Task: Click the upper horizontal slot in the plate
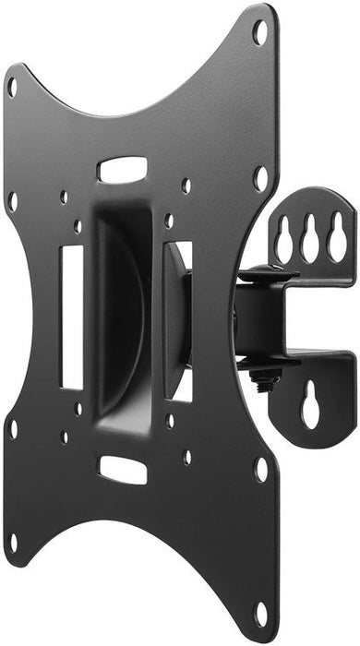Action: click(123, 170)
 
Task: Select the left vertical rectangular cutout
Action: click(72, 317)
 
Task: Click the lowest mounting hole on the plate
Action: click(261, 610)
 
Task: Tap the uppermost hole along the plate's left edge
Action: click(12, 88)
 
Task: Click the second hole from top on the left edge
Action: click(12, 198)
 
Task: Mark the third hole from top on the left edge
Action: click(12, 429)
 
